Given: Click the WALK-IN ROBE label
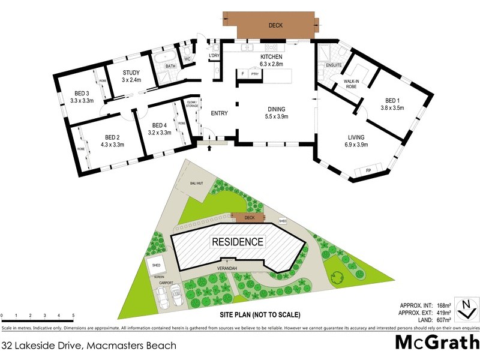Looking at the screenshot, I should point(350,83).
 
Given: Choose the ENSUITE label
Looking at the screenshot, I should point(334,65).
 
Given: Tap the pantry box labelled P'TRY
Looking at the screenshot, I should point(254,73).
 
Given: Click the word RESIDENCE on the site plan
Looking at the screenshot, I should point(237,242).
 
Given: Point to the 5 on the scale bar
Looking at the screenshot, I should point(73,315).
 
